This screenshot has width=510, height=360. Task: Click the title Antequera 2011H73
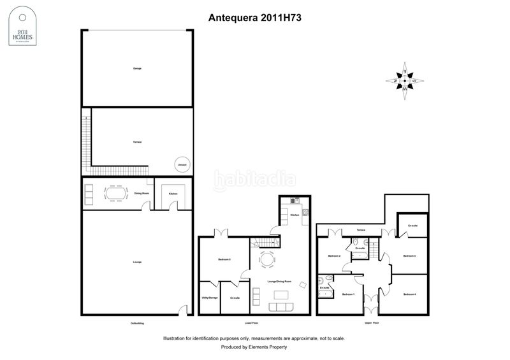click(x=255, y=18)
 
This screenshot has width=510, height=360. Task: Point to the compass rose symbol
click(x=405, y=82)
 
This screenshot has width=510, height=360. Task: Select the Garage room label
click(x=137, y=68)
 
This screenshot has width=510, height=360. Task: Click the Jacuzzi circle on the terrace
click(x=182, y=164)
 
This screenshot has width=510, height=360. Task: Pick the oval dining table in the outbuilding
click(x=115, y=193)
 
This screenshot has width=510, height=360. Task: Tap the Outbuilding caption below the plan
click(x=137, y=324)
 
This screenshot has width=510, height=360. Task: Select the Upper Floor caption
click(x=372, y=324)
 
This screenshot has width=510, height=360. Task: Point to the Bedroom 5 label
click(x=224, y=259)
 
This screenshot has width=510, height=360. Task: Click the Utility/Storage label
click(x=209, y=298)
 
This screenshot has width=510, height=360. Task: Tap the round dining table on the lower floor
click(x=266, y=259)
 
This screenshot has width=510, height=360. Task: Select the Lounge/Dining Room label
click(x=279, y=282)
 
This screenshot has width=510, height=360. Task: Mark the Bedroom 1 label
click(x=348, y=294)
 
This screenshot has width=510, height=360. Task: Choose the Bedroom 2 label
click(x=335, y=256)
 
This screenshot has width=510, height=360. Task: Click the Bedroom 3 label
click(x=409, y=256)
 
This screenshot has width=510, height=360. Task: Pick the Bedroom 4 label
click(x=409, y=294)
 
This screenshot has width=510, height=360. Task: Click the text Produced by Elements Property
click(x=254, y=347)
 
